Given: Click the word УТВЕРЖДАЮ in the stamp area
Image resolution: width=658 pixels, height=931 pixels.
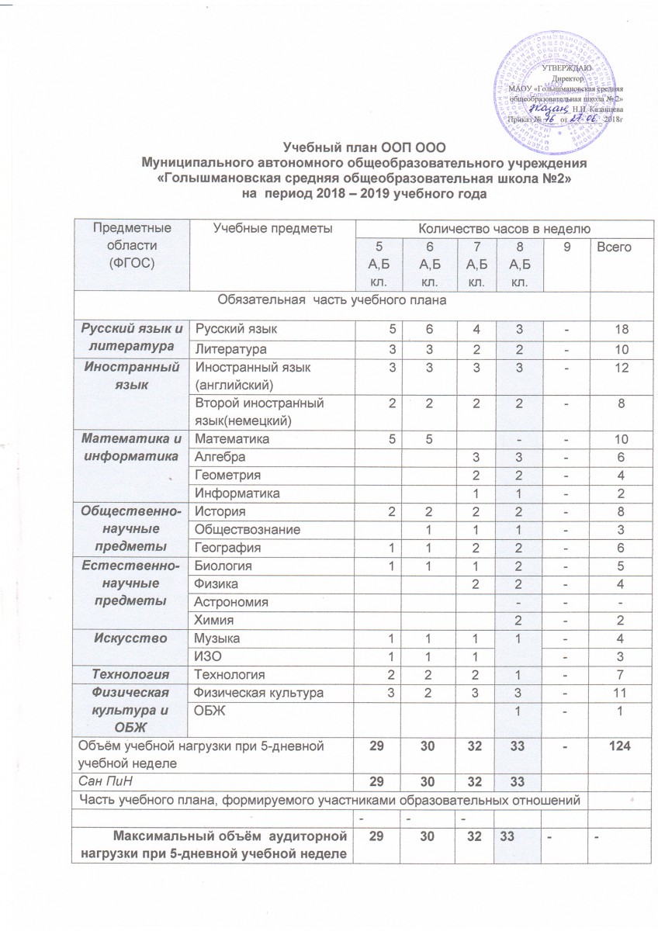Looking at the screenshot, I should (x=571, y=71).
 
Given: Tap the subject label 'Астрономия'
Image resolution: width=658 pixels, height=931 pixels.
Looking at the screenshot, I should (x=231, y=601).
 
